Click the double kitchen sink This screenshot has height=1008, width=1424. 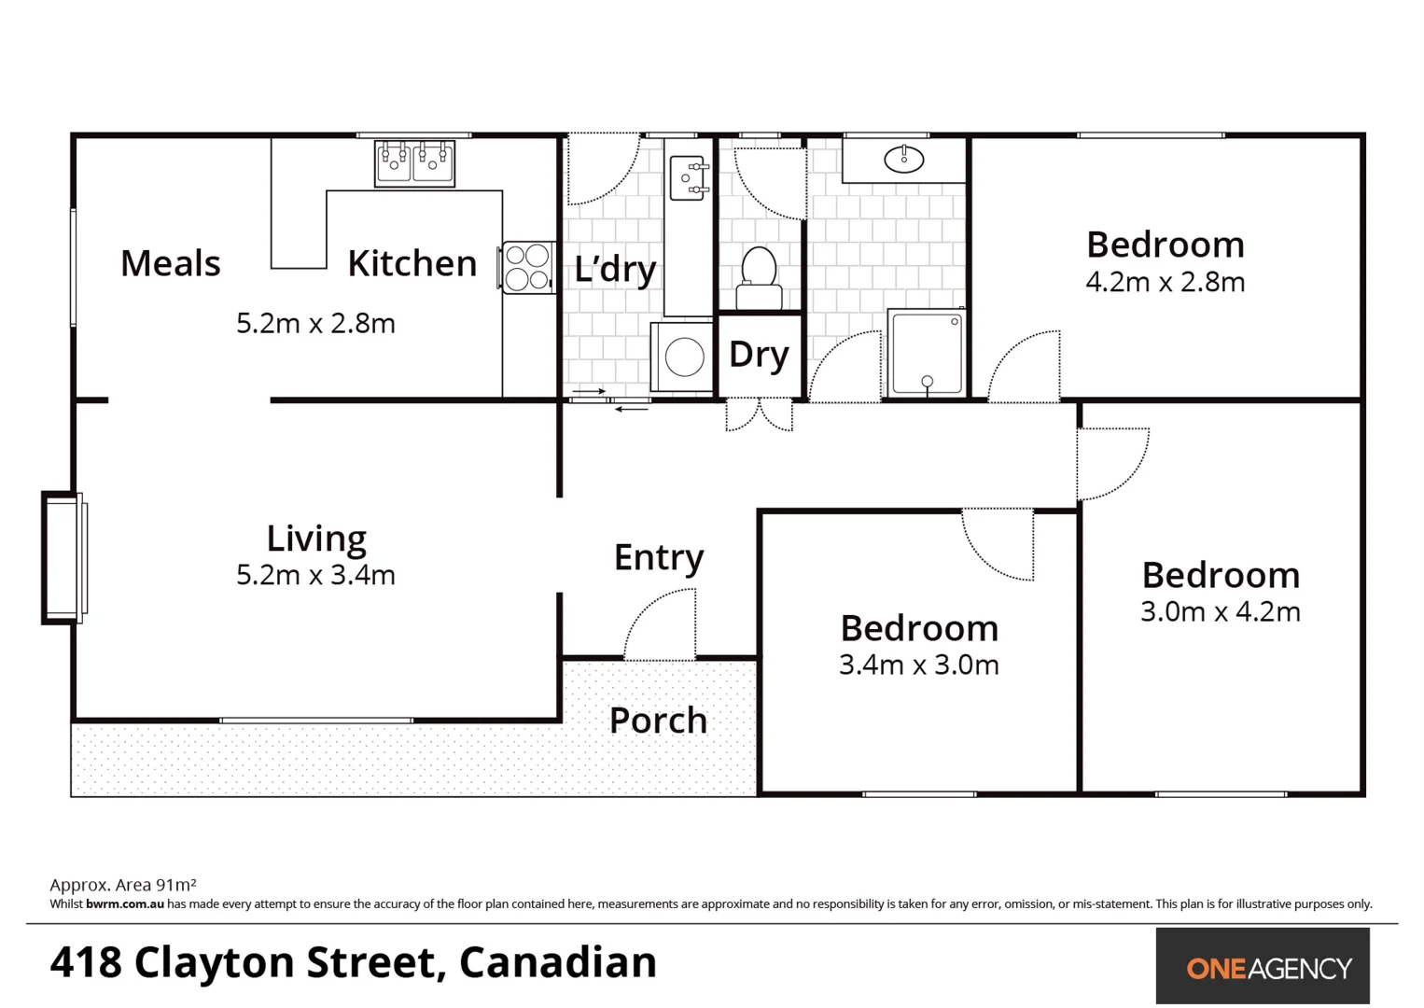[x=414, y=163]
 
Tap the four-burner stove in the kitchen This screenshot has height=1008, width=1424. [x=527, y=267]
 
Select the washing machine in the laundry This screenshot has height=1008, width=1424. [x=683, y=357]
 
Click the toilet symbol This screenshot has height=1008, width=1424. [x=759, y=278]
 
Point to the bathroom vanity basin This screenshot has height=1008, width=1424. [x=903, y=160]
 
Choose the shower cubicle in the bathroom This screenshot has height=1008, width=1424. [x=926, y=353]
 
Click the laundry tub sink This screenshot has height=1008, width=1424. [x=689, y=177]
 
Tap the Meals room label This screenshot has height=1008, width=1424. [x=170, y=263]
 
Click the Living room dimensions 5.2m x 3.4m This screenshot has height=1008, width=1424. [x=315, y=575]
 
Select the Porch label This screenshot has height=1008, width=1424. [x=658, y=721]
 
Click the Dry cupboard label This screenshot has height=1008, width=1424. [x=759, y=355]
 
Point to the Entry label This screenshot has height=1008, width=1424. [x=659, y=557]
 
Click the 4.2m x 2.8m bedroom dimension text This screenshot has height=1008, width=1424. [x=1165, y=282]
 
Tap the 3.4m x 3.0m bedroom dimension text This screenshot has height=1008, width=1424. [x=918, y=665]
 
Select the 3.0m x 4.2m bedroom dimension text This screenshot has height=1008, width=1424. [x=1220, y=611]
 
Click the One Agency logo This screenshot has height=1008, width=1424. [x=1262, y=966]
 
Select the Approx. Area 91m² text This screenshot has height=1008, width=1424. [x=123, y=885]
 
